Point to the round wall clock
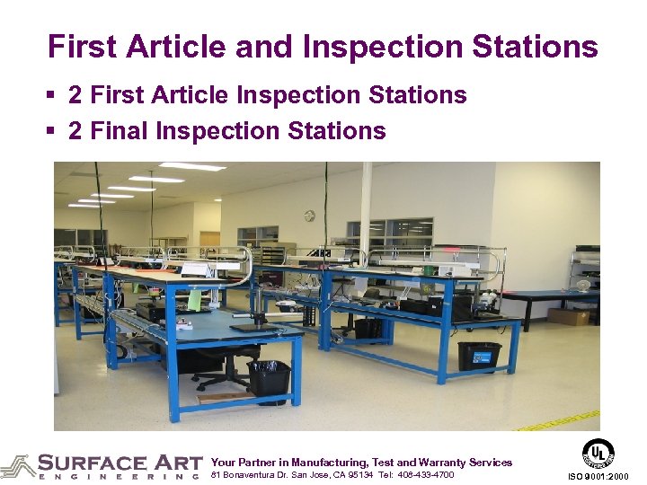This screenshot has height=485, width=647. pyautogui.click(x=309, y=216)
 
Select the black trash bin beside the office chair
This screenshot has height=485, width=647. pyautogui.click(x=269, y=377)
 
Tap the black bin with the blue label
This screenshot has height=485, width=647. pyautogui.click(x=478, y=356)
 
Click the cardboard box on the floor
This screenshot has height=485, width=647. pyautogui.click(x=567, y=315)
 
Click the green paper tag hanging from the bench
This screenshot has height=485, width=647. pyautogui.click(x=195, y=300)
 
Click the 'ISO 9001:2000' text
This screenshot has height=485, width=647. pyautogui.click(x=599, y=476)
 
